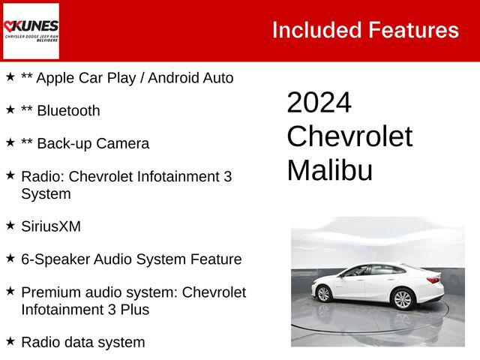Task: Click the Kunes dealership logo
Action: tap(31, 31)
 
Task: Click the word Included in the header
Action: tap(316, 30)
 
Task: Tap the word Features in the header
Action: tap(413, 30)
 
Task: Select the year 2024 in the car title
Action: tap(319, 103)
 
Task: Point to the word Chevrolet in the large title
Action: tap(349, 136)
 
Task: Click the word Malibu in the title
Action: tap(329, 170)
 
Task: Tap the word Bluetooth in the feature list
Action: tap(68, 111)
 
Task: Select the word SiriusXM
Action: tap(51, 226)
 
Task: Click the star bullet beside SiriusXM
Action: tap(10, 225)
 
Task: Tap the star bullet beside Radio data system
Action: tap(10, 341)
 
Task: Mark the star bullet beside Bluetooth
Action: tap(10, 109)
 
